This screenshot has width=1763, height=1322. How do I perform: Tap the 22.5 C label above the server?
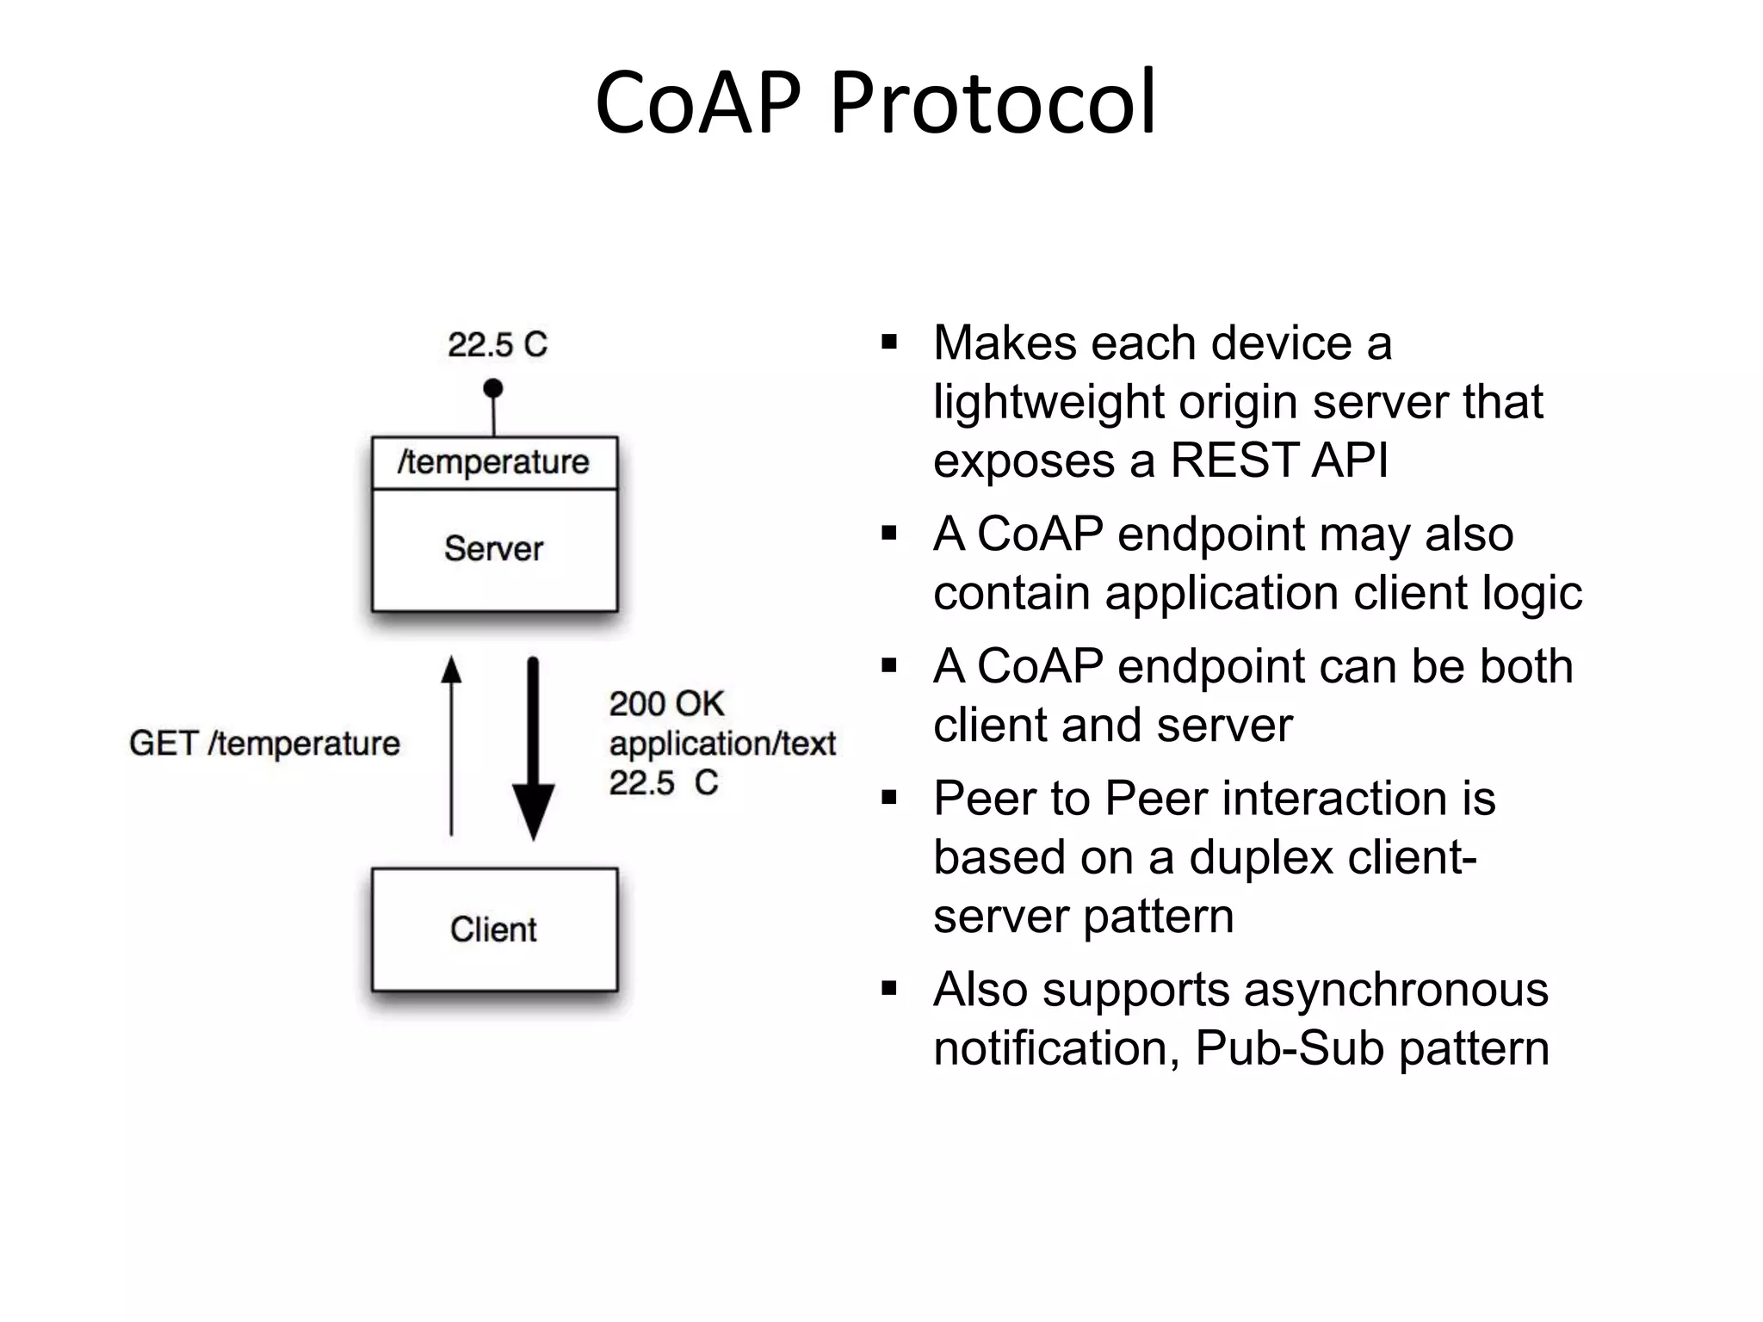[x=497, y=345]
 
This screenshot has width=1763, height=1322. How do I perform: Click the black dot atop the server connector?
[x=493, y=388]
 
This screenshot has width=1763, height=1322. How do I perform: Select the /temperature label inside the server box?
[x=493, y=463]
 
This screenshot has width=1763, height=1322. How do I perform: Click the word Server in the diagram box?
[x=493, y=549]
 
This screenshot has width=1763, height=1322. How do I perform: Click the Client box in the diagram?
[x=494, y=930]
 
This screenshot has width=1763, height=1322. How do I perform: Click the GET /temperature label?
[x=264, y=744]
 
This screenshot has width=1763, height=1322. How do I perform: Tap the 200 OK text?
[x=666, y=704]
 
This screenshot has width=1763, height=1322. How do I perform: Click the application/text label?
[x=722, y=744]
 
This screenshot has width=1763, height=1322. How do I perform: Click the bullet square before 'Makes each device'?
[x=889, y=343]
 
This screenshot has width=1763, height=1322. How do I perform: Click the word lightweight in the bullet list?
[x=1049, y=402]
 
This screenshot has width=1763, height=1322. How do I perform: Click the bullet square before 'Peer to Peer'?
[x=889, y=799]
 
